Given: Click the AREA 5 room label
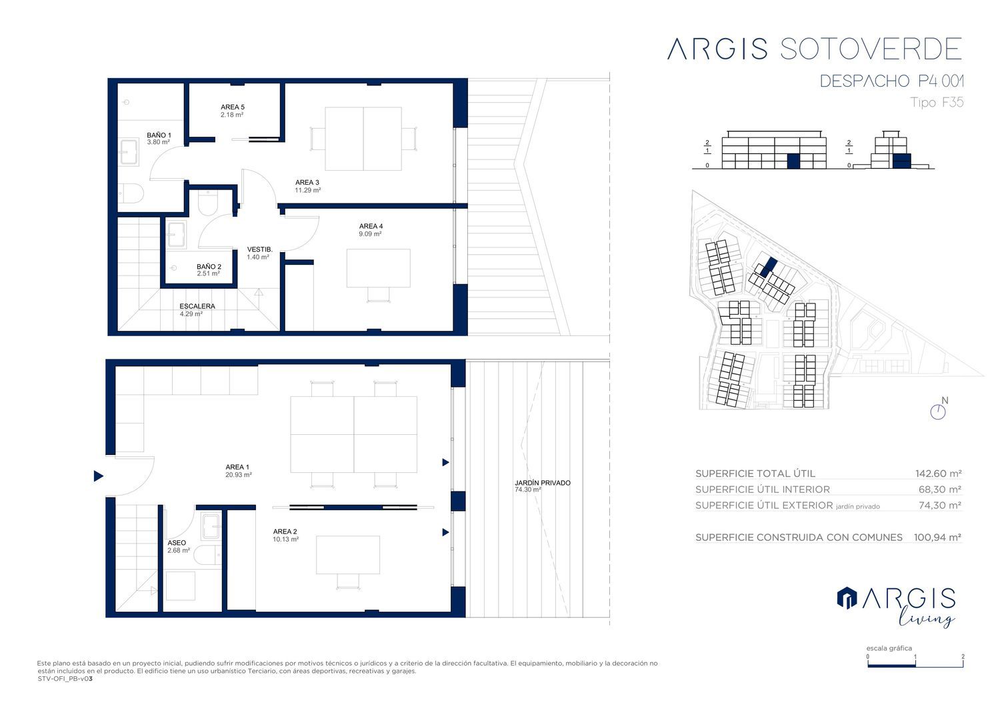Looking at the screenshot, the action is (233, 107).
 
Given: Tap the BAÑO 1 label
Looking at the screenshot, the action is (159, 135).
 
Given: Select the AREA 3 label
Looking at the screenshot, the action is (307, 182).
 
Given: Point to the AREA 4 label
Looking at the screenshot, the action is (371, 226).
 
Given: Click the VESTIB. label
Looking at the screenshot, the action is (260, 249).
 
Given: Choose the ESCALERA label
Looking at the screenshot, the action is (197, 306).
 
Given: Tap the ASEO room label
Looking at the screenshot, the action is (177, 543).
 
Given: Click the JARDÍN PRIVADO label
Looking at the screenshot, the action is (543, 483).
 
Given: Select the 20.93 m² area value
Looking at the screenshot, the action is (239, 475).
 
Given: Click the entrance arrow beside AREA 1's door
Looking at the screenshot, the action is (99, 476).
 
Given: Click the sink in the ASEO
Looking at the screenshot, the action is (211, 527).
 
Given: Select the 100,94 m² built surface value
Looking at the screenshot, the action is (937, 538).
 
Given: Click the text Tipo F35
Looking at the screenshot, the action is (937, 102).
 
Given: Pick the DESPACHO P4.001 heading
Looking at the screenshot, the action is (891, 81).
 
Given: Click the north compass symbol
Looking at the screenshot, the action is (938, 412).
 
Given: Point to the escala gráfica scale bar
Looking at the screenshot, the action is (915, 664).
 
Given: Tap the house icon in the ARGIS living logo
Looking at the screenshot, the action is (847, 598).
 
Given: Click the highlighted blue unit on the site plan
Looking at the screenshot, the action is (769, 267).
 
